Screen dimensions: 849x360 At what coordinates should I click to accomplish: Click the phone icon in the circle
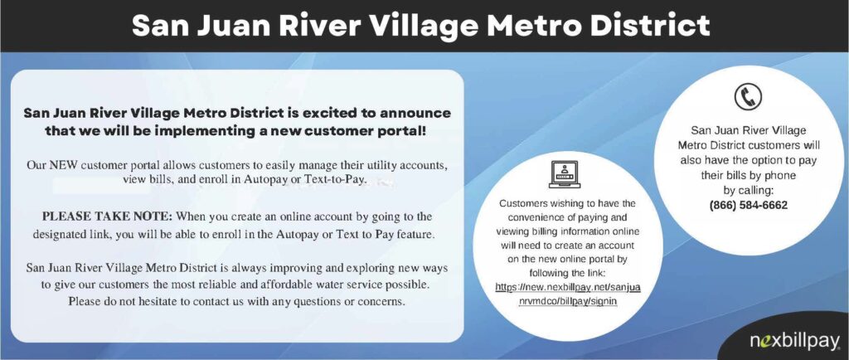(x=748, y=97)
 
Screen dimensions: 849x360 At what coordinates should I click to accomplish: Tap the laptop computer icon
(x=564, y=174)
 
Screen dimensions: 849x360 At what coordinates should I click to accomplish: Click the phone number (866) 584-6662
(x=749, y=205)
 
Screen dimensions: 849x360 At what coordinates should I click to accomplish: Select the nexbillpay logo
(x=794, y=341)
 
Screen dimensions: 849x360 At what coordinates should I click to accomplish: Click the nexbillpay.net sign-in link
(x=567, y=294)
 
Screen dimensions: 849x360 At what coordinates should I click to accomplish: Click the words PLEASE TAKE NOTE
(x=107, y=216)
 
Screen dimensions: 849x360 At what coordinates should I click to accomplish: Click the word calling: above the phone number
(x=749, y=190)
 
